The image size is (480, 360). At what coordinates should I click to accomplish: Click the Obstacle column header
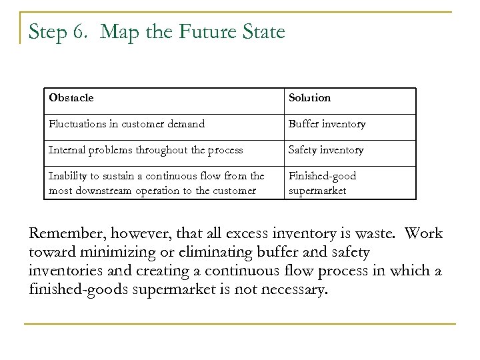[x=71, y=98]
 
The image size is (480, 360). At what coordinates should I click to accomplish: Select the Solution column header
[x=309, y=98]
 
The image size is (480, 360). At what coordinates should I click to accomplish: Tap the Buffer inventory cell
[x=327, y=124]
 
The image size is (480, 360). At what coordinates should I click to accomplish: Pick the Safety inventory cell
[x=326, y=150]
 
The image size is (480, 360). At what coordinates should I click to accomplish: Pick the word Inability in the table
[x=65, y=176]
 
